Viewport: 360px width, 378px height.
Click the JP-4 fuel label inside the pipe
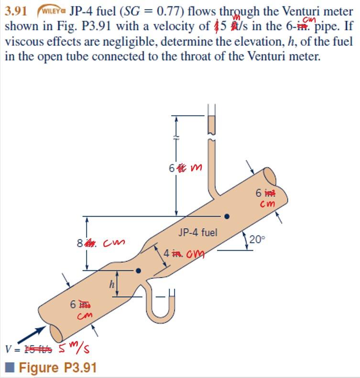tap(198, 233)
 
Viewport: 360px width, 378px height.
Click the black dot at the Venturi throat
tap(139, 270)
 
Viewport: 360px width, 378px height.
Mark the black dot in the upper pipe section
tap(228, 216)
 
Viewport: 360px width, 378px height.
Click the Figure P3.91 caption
tap(55, 368)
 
